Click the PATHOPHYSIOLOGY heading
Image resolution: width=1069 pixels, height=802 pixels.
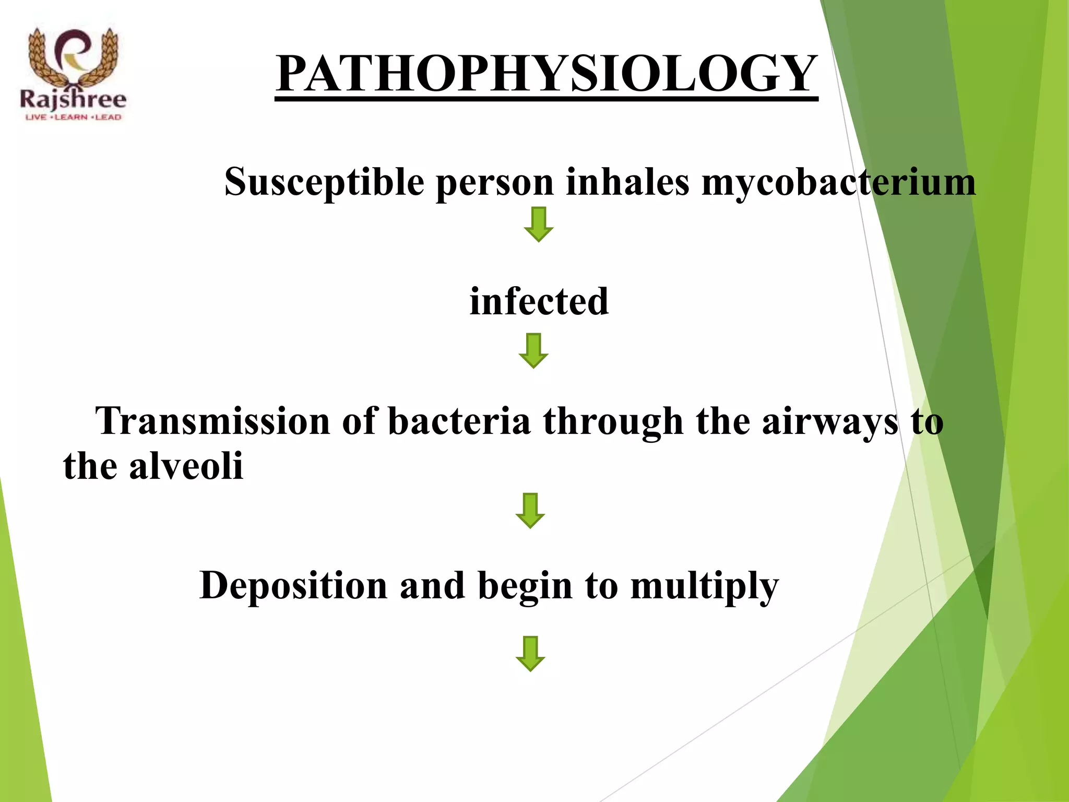547,74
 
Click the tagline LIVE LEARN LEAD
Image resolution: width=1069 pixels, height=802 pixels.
73,117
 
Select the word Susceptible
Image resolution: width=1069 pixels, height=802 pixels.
324,183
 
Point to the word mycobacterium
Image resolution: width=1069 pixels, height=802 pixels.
838,183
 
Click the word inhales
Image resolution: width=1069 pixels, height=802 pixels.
627,182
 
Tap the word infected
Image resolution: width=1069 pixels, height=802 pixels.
539,302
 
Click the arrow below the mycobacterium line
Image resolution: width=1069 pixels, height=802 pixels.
539,225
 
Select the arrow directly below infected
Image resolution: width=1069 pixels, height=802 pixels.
533,351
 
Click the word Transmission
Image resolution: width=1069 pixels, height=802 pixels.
212,421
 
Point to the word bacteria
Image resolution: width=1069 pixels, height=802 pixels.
459,421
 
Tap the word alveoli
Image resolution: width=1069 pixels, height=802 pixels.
186,466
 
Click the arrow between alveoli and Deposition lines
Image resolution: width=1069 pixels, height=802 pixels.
530,511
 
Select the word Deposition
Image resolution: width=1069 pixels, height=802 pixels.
293,586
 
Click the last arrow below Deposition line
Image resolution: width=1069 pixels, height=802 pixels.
530,654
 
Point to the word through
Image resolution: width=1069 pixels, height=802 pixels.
613,422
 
